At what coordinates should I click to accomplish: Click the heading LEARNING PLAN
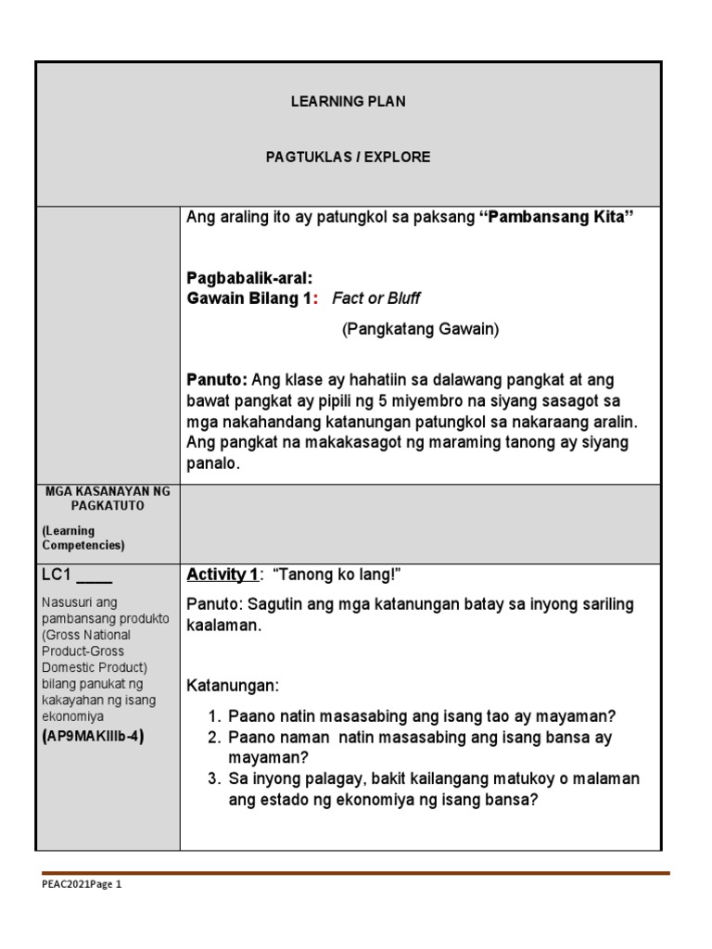(x=348, y=101)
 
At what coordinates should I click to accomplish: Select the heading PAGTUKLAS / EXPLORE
(x=348, y=157)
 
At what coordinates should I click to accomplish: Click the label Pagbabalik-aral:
(x=249, y=278)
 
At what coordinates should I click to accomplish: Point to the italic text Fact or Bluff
(x=375, y=298)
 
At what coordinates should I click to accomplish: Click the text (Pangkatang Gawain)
(x=420, y=330)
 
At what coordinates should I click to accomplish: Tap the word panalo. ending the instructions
(x=212, y=463)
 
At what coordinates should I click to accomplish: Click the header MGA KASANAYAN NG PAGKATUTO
(x=108, y=498)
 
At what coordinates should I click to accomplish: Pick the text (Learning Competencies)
(x=83, y=538)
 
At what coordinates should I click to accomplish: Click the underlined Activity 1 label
(x=222, y=576)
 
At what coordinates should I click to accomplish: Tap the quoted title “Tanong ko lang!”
(x=336, y=576)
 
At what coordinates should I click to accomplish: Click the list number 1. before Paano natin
(x=214, y=716)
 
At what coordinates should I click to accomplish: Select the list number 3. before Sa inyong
(x=214, y=778)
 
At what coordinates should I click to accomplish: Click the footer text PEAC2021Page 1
(x=82, y=884)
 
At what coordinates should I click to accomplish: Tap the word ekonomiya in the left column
(x=73, y=716)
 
